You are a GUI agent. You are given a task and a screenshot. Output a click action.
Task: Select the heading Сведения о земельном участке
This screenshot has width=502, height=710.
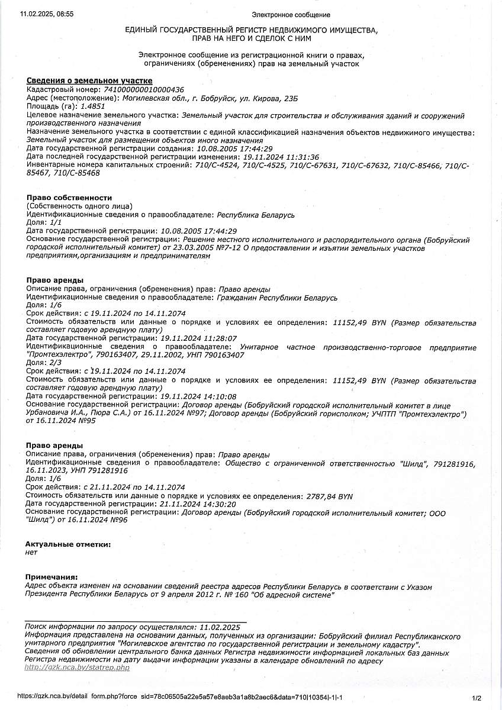(x=89, y=80)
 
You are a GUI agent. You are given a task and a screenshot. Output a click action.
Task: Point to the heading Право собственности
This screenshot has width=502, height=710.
(x=69, y=198)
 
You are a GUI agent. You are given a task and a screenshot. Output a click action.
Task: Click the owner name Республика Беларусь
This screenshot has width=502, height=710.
(x=256, y=214)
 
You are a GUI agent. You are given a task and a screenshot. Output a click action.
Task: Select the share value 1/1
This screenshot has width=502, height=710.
(x=56, y=222)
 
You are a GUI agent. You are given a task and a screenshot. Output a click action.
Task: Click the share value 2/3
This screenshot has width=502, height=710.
(x=56, y=362)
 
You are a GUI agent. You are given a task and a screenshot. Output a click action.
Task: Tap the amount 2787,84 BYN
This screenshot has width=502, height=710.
(x=330, y=496)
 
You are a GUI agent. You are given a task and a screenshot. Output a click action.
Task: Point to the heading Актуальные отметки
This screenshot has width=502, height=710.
(x=68, y=544)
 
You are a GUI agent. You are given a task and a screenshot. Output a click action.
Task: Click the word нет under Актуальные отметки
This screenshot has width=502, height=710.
(x=31, y=553)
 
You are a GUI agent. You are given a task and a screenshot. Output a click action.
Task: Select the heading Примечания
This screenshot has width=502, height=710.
(x=52, y=577)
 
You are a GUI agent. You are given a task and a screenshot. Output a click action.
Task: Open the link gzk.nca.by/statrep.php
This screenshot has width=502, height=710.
(x=76, y=667)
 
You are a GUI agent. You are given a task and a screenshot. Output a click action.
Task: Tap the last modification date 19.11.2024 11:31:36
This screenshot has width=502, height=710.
(x=281, y=157)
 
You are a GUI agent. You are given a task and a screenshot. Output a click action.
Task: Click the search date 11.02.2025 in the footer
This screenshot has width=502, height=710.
(x=220, y=627)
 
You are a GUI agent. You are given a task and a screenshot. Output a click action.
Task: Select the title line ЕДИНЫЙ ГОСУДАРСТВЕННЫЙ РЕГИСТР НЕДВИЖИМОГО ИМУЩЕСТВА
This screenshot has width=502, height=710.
(x=250, y=30)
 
